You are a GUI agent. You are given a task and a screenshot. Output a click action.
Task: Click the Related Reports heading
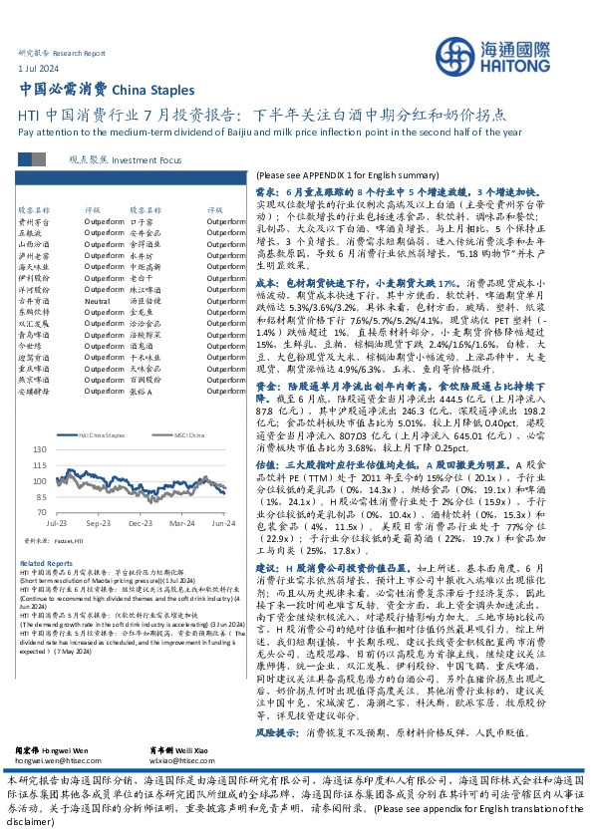(x=40, y=563)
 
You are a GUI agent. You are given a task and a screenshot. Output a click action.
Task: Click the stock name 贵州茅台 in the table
(x=32, y=222)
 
